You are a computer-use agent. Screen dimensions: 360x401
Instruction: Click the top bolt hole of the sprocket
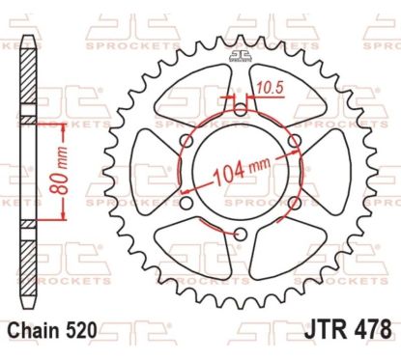click(241, 111)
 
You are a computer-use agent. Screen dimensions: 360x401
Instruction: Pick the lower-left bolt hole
click(185, 206)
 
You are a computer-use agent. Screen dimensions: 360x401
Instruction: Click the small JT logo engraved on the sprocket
click(240, 57)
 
